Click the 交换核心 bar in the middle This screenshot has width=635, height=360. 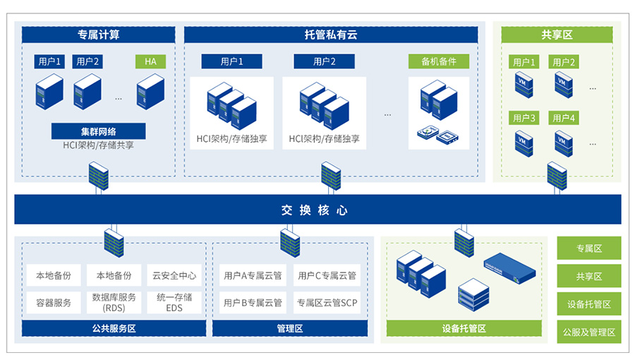tap(317, 210)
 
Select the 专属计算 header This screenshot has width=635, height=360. tap(98, 35)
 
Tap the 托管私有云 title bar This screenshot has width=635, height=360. tap(330, 35)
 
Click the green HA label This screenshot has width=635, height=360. tap(150, 61)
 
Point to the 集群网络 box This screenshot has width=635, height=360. tap(98, 131)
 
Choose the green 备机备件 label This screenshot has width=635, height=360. tap(438, 61)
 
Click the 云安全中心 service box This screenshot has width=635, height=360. tap(174, 276)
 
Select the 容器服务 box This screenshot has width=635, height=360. tap(54, 303)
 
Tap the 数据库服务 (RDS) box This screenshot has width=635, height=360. tap(114, 303)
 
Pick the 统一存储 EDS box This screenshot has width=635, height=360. tap(174, 303)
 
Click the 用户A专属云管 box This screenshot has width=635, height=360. tap(253, 276)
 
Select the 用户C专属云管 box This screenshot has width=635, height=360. tap(327, 276)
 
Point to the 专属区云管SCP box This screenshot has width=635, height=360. tap(327, 303)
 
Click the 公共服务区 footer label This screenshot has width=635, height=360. tap(114, 328)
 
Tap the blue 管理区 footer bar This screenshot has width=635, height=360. tap(289, 328)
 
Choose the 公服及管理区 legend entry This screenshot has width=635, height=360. tap(589, 332)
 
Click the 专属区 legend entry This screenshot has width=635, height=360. tap(589, 248)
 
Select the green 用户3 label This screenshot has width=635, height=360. tap(524, 118)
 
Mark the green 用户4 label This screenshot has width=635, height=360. tap(563, 118)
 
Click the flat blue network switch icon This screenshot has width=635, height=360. tap(512, 266)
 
